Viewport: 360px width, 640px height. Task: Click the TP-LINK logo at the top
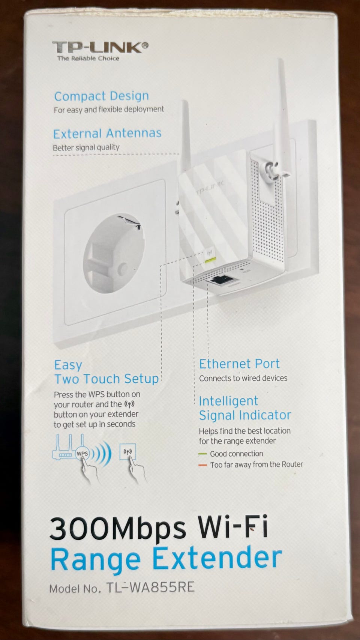(100, 47)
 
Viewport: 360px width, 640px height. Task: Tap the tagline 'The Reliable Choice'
(88, 59)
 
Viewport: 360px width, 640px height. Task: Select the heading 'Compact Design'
(101, 96)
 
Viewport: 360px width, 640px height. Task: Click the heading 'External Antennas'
(107, 134)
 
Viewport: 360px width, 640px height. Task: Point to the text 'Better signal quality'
(86, 148)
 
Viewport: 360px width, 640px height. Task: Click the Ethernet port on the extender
(220, 280)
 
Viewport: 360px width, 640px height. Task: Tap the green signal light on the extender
(210, 260)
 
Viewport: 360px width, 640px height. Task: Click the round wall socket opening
(114, 254)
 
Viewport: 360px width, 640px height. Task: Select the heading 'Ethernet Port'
(239, 364)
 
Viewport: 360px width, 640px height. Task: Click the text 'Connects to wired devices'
(243, 378)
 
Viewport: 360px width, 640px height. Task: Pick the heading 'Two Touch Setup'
(106, 379)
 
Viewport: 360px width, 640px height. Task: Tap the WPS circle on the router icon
(82, 454)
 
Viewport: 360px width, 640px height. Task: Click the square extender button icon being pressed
(128, 452)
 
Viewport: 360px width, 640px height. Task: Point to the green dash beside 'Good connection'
(202, 454)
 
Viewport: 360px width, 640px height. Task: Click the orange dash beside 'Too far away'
(202, 465)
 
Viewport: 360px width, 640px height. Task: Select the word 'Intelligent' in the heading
(229, 401)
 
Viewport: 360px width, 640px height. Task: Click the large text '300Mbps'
(118, 528)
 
